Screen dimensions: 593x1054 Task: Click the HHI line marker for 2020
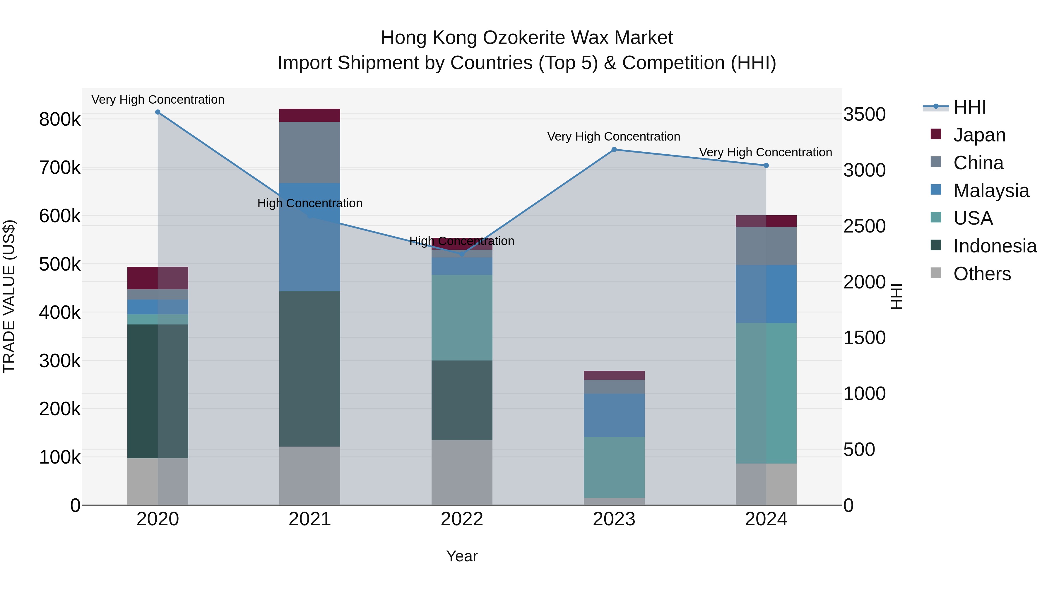click(158, 112)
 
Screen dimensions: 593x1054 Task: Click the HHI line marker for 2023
click(614, 150)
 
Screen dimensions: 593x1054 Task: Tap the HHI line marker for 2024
click(766, 165)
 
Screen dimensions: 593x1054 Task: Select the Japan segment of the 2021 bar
click(310, 115)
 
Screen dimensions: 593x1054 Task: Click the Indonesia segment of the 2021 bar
click(310, 368)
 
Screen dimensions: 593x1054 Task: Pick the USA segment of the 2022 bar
click(462, 317)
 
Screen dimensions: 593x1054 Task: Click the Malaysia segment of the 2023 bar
click(614, 415)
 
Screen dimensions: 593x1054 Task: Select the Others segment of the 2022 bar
click(462, 472)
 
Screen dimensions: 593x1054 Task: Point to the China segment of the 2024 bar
click(766, 246)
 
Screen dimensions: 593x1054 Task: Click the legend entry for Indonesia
click(994, 246)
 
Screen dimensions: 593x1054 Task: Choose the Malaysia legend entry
click(990, 191)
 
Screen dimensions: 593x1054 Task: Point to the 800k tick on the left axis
click(60, 119)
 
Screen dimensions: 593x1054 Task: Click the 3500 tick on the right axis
click(864, 114)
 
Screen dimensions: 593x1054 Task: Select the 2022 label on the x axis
click(462, 519)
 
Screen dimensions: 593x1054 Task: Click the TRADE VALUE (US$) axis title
click(9, 296)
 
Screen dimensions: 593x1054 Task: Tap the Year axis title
click(462, 556)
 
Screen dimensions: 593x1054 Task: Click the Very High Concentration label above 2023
click(613, 136)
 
